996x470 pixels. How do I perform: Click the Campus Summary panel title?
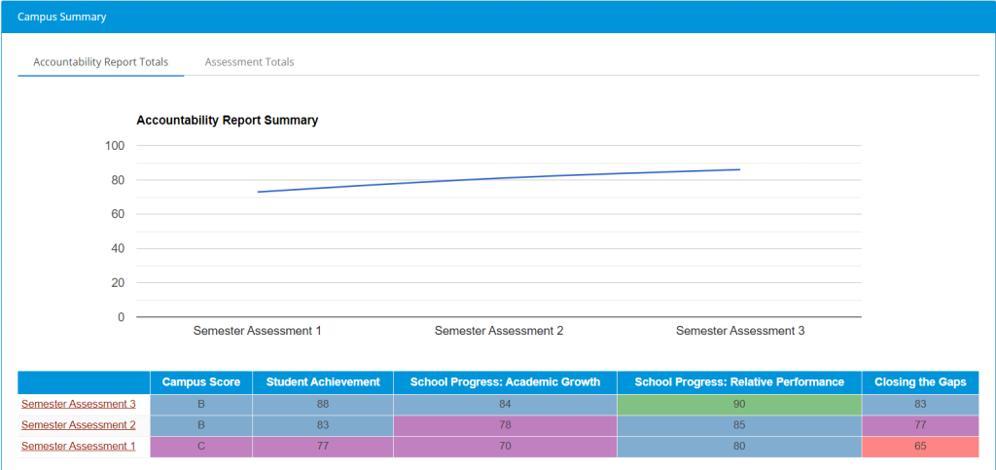[62, 17]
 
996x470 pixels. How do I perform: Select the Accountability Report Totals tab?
[100, 61]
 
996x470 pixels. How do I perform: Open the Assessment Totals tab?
[249, 61]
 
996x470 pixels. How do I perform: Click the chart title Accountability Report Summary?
[228, 121]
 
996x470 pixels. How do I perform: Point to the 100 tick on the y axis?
[115, 146]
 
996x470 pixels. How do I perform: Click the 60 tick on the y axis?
[118, 214]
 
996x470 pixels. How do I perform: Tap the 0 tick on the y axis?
[121, 317]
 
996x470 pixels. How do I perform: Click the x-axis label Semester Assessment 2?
[499, 331]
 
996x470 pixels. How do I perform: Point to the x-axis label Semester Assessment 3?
[740, 331]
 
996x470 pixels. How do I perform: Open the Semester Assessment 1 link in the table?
[79, 447]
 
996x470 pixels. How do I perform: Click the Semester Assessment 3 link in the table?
[79, 404]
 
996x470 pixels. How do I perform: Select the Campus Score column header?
[201, 382]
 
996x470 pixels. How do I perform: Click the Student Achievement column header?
[323, 382]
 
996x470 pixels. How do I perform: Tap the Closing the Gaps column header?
[920, 382]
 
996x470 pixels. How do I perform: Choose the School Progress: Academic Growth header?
[505, 382]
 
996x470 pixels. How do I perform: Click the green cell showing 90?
[739, 404]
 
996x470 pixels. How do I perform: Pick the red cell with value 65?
[920, 447]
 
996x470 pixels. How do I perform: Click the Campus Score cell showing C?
[201, 447]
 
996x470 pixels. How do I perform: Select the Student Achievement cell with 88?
[323, 404]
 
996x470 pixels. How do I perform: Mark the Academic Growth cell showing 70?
[505, 447]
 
